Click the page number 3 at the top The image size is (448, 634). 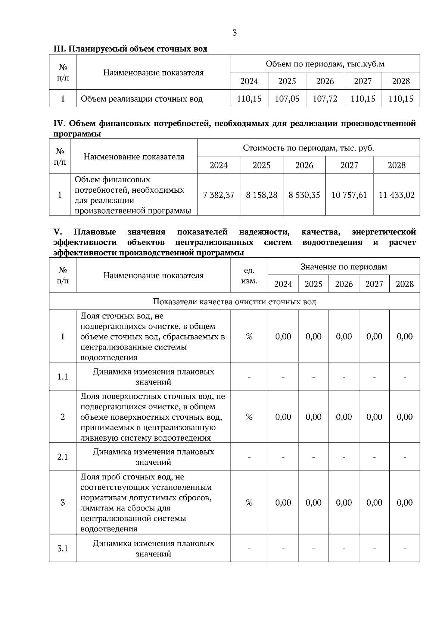[x=234, y=33]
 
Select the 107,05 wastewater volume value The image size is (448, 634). [x=287, y=99]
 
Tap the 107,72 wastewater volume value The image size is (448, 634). [x=325, y=99]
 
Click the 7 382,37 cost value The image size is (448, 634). [x=218, y=195]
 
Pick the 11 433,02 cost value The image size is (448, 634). [x=396, y=195]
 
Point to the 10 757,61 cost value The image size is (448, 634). [x=349, y=195]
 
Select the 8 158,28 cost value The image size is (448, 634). [x=261, y=195]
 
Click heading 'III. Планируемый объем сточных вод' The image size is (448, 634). [x=130, y=49]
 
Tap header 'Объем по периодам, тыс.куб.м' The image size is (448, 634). [x=325, y=64]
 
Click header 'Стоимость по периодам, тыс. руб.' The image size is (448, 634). [x=308, y=148]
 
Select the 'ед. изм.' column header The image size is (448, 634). [x=249, y=276]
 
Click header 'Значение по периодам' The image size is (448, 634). [x=344, y=267]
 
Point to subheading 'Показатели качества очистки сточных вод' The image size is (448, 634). [x=234, y=302]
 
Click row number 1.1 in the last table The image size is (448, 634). [x=63, y=377]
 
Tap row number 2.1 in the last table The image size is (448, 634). [x=63, y=457]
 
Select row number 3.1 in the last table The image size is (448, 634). [x=63, y=548]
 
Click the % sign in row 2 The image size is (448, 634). [x=249, y=417]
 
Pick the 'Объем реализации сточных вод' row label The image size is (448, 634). [x=142, y=99]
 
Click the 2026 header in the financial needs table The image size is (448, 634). [x=304, y=165]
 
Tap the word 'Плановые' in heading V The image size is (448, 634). [x=95, y=232]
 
